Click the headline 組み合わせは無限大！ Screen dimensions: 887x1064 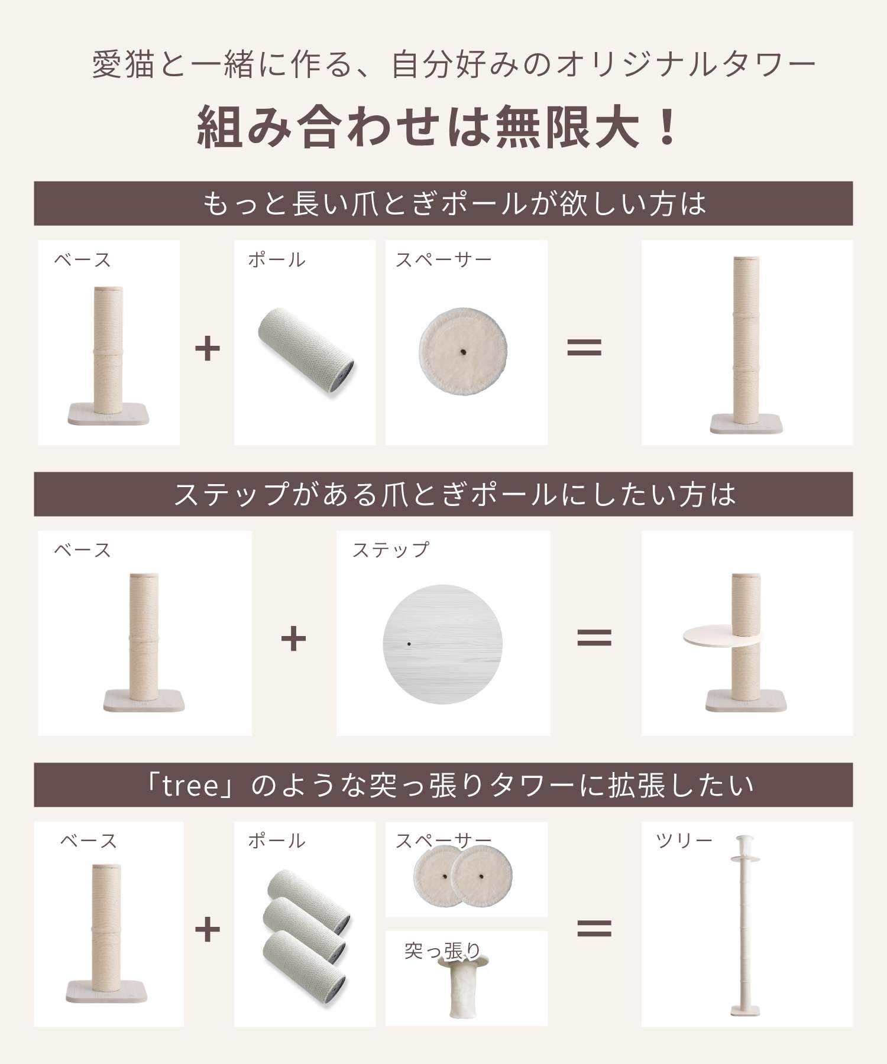point(438,127)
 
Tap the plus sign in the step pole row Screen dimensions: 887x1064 point(293,638)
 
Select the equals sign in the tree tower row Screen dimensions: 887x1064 point(594,929)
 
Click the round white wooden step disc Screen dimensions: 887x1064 point(442,644)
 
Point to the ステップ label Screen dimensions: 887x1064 point(391,550)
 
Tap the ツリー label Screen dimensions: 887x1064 point(684,840)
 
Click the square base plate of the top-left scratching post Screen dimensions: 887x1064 point(108,414)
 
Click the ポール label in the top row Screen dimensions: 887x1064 point(276,259)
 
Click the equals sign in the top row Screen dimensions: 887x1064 point(584,347)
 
